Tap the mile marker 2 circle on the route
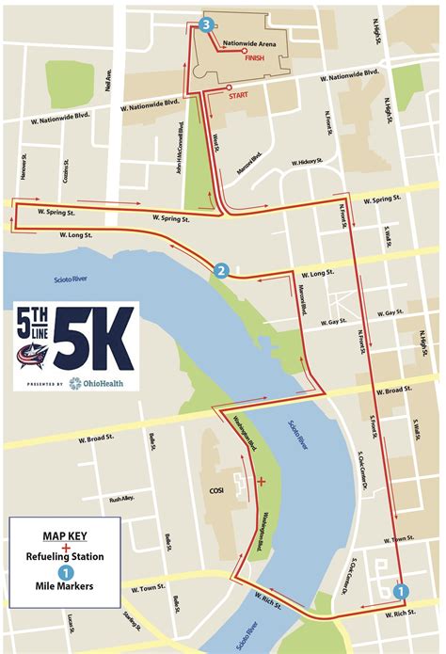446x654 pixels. tap(221, 271)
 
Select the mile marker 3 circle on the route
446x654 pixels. tap(205, 24)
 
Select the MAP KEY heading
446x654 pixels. tap(65, 537)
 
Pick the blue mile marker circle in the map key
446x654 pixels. tap(65, 572)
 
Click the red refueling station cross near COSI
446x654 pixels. tap(261, 482)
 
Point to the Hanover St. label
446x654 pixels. tap(23, 168)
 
